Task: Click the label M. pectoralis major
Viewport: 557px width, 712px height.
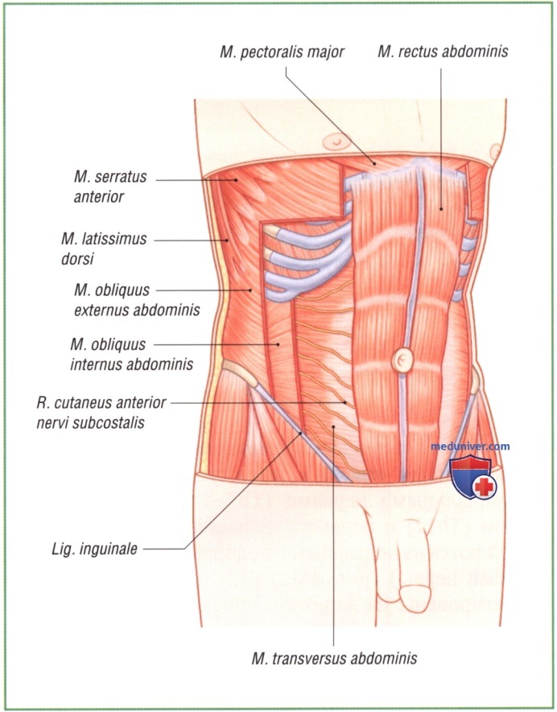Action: tap(282, 52)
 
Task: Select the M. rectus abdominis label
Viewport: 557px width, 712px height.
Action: tap(443, 52)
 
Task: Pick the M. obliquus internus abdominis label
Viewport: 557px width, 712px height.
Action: tap(132, 354)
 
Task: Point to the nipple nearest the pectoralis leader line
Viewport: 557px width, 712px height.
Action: tap(331, 142)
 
